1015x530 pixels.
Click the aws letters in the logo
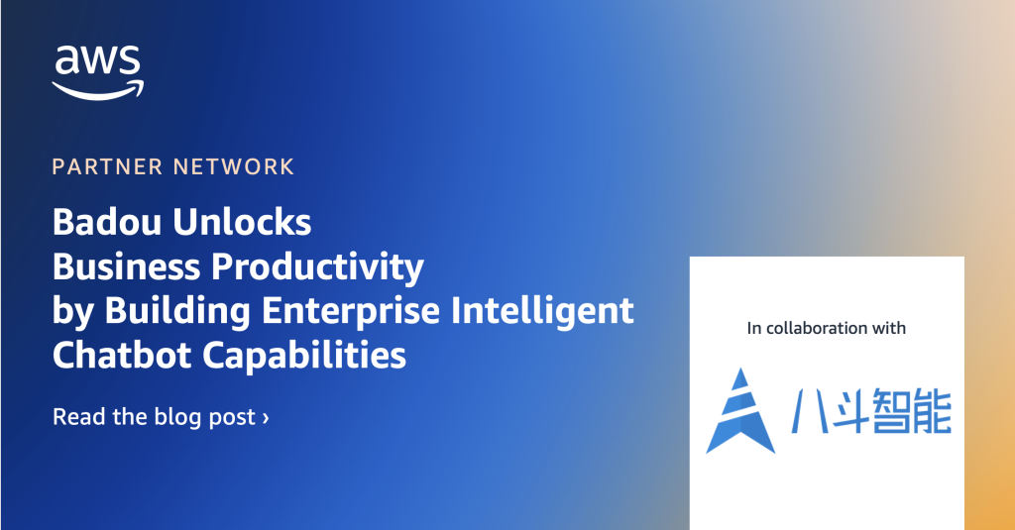98,60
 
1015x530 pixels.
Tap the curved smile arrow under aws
97,92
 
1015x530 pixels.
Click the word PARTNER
107,167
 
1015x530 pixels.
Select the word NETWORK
234,167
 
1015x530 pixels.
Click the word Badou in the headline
107,222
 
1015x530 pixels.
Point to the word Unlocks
242,222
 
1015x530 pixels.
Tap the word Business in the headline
126,265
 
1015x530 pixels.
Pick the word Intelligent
542,311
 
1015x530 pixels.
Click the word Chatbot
122,356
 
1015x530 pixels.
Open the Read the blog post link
161,417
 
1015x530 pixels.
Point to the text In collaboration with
826,328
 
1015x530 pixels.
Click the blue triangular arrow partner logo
739,410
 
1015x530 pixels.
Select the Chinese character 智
891,411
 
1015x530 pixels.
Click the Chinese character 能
932,411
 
